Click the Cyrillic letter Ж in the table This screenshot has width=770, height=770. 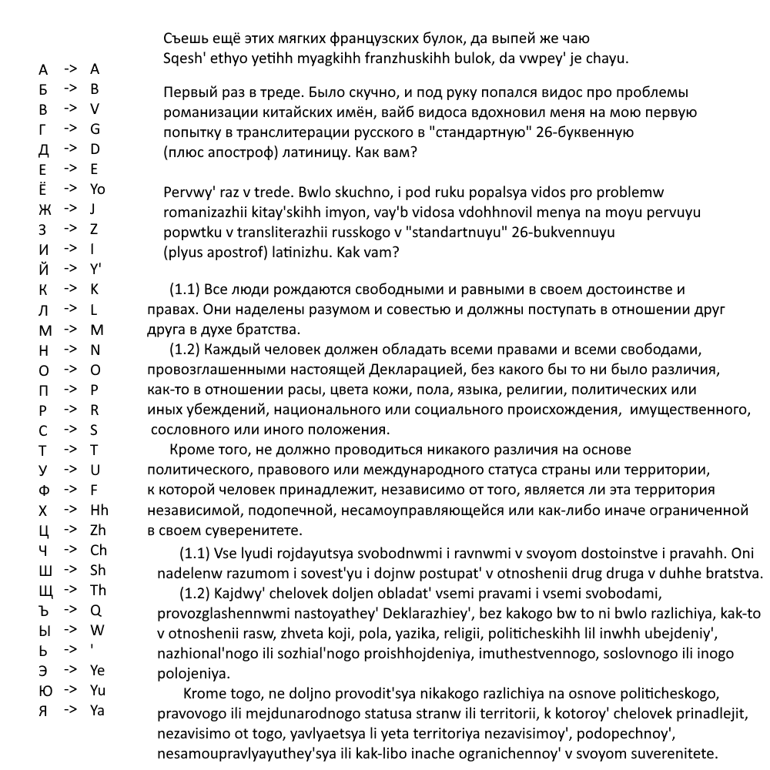(x=44, y=209)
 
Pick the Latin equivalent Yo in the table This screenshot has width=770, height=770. (x=98, y=189)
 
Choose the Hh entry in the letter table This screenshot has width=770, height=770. (x=99, y=510)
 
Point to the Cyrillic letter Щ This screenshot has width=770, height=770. (x=45, y=591)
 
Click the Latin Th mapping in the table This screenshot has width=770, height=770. (x=98, y=591)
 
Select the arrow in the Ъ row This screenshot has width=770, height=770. (x=71, y=611)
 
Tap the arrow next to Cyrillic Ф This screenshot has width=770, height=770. (x=71, y=490)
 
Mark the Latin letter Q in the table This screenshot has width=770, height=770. (x=95, y=611)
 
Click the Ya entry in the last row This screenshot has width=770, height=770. (x=97, y=711)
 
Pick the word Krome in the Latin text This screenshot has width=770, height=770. (x=204, y=694)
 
